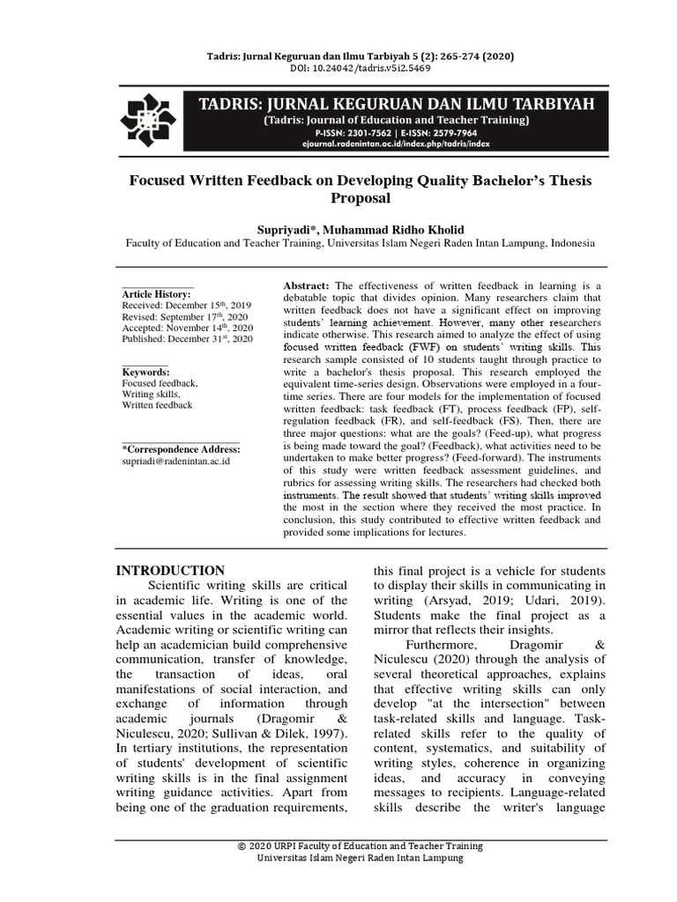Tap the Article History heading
point(156,293)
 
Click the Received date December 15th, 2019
point(186,305)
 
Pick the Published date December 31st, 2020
point(187,338)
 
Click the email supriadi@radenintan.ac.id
point(175,462)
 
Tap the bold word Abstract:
point(307,287)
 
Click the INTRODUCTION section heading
point(171,570)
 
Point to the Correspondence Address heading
point(180,449)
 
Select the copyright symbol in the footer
point(242,847)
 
